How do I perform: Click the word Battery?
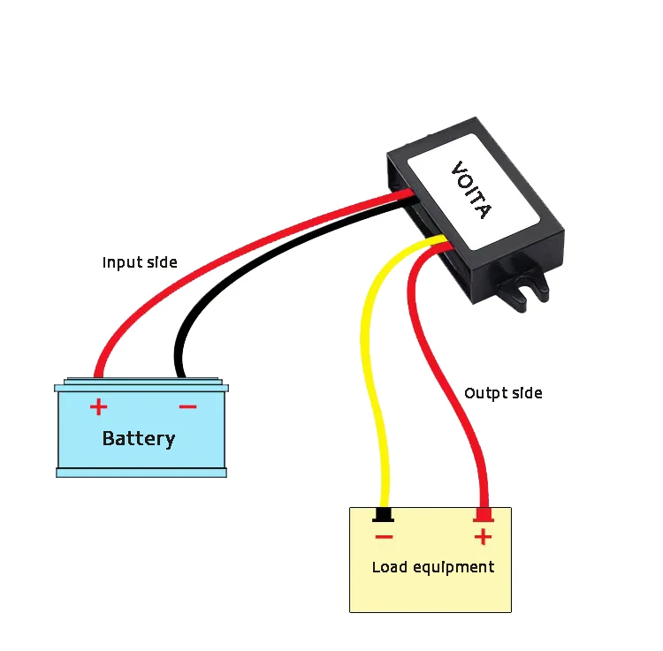point(139,438)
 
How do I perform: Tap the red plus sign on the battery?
point(98,406)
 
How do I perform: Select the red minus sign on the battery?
point(187,406)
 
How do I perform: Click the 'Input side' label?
point(140,262)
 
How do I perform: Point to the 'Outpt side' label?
point(503,393)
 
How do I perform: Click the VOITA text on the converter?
point(470,189)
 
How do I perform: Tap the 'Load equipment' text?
point(432,567)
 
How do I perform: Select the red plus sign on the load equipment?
point(483,536)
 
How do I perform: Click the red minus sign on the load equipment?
point(383,536)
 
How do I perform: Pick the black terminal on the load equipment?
point(383,515)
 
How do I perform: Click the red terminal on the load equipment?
point(483,515)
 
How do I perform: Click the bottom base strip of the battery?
point(141,473)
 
